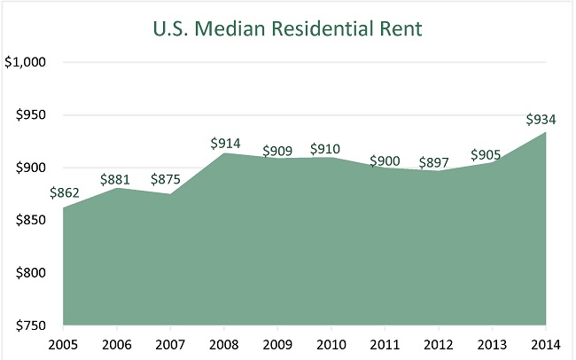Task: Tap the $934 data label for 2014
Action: (x=541, y=119)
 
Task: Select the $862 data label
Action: (x=65, y=192)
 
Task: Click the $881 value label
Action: (x=118, y=176)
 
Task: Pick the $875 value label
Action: (x=168, y=180)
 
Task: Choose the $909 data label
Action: (x=278, y=150)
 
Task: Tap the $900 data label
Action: (x=385, y=160)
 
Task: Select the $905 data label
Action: (x=489, y=153)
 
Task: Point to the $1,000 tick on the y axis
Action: (x=27, y=63)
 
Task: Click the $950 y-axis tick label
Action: (x=30, y=115)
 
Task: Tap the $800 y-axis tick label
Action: (x=30, y=273)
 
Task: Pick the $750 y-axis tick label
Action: (x=30, y=325)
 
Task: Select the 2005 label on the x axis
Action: (x=63, y=343)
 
